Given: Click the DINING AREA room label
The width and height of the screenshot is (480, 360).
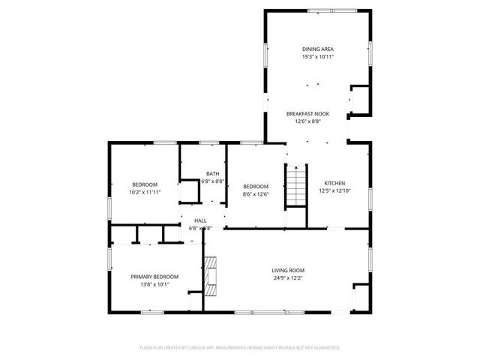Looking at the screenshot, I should (318, 48).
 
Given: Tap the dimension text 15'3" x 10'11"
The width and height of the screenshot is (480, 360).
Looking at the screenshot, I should (318, 56).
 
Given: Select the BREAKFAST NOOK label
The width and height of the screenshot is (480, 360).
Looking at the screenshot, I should (307, 113).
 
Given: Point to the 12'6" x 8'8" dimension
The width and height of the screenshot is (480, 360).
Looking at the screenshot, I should (307, 121).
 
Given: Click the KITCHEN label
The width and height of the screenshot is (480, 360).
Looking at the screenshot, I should (334, 183).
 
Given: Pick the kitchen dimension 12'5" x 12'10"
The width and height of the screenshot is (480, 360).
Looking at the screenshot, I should (334, 191).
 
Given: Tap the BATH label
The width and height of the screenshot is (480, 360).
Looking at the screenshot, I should (213, 173).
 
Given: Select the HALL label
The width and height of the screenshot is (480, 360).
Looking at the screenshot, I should (201, 220).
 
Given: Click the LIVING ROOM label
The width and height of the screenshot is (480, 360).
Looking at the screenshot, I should (288, 270).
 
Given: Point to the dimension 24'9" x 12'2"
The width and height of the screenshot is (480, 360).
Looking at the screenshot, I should (288, 278).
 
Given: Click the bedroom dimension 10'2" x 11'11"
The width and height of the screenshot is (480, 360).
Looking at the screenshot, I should (145, 192).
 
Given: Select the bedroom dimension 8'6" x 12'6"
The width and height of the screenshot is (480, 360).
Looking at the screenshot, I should (255, 194).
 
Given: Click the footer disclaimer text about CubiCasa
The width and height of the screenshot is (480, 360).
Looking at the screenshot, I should (240, 347).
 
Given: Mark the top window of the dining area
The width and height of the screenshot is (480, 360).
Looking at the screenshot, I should (318, 10).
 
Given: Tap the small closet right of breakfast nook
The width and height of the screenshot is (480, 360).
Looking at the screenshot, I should (359, 99).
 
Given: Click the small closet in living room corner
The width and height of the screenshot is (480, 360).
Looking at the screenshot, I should (361, 298).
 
